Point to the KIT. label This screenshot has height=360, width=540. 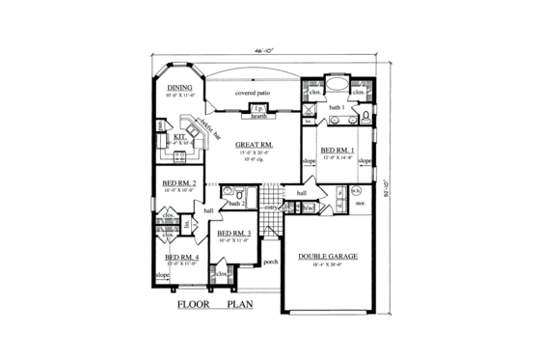(179, 137)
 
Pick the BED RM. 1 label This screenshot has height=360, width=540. (337, 151)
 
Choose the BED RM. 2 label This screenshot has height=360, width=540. (180, 182)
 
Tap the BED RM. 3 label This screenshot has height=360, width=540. (234, 234)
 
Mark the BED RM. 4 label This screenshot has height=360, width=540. (181, 258)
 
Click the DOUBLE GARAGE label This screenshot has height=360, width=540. (329, 257)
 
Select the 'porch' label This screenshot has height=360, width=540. (271, 261)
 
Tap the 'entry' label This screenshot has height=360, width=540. (272, 207)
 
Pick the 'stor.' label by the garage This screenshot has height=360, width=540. (360, 204)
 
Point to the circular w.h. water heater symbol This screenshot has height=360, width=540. (356, 190)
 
